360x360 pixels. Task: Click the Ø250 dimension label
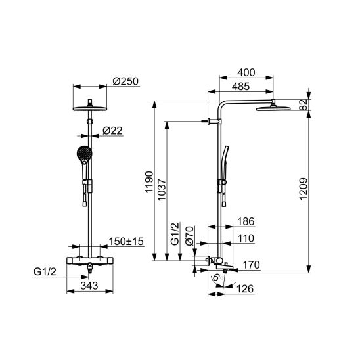(125, 81)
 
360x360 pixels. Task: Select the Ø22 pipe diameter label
(112, 131)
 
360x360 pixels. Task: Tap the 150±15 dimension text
(126, 242)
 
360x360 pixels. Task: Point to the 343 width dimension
(89, 286)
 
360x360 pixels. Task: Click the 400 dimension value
(246, 72)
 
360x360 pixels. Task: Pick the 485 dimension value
(240, 87)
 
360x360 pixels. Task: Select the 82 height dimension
(304, 104)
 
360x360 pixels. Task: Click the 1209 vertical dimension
(304, 189)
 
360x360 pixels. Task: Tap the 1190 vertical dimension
(149, 183)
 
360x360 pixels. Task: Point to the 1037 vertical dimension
(162, 190)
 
